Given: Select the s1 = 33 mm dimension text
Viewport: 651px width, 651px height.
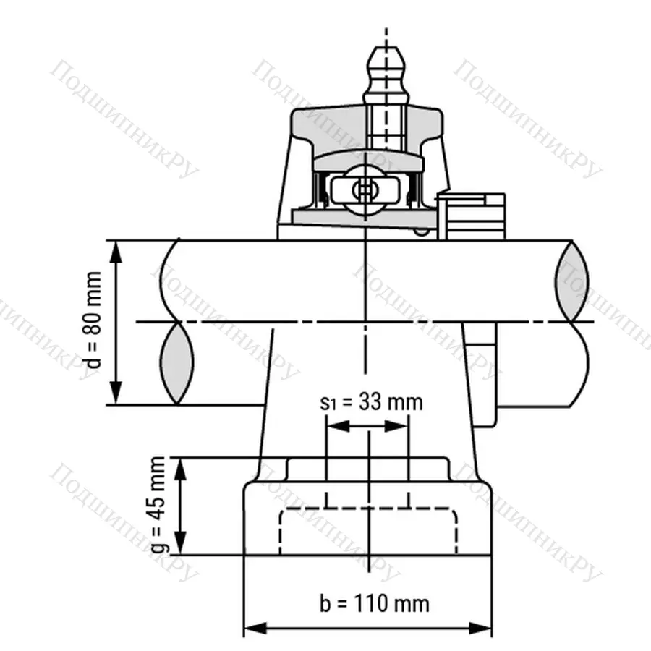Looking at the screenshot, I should [370, 402].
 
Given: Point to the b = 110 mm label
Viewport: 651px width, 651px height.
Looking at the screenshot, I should [374, 603].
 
